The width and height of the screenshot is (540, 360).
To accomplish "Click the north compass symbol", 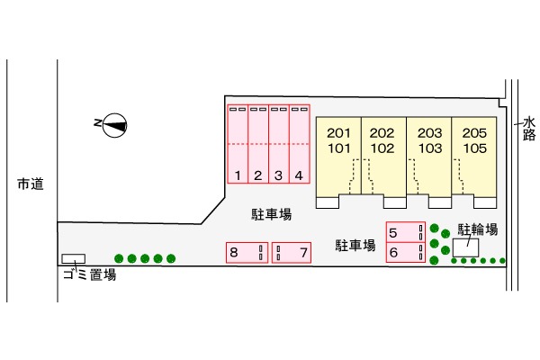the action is click(115, 125).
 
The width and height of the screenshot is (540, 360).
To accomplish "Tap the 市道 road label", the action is click(31, 184).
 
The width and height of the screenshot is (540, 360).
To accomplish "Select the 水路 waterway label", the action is click(529, 129).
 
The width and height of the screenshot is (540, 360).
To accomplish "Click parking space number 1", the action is click(238, 144).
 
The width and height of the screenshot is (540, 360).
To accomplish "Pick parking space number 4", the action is click(300, 144).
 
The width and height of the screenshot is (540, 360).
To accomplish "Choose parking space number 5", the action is click(406, 232).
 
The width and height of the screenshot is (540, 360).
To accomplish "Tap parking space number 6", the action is click(406, 253).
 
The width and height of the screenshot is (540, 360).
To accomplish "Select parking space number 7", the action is click(292, 253).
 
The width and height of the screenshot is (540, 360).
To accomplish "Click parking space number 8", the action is click(247, 253).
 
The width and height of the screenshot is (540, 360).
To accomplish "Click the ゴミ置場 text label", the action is click(89, 274).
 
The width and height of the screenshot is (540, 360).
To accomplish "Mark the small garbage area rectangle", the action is click(74, 258).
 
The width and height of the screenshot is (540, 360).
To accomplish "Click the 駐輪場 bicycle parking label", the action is click(478, 229).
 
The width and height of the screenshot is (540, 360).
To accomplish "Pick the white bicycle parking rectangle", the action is click(465, 247).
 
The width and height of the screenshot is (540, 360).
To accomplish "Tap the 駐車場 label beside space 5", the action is click(355, 246).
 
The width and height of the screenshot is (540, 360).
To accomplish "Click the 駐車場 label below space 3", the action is click(272, 214).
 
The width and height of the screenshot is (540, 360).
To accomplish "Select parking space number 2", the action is click(258, 144).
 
